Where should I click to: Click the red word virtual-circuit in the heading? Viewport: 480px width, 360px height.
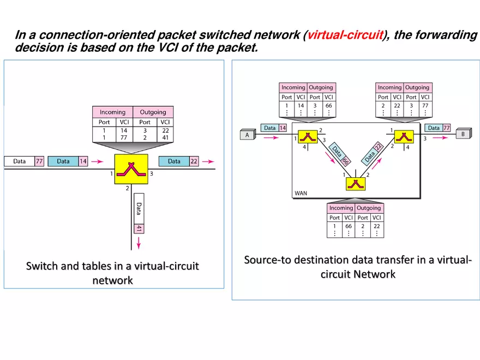[345, 35]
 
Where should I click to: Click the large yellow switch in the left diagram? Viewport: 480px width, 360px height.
[131, 169]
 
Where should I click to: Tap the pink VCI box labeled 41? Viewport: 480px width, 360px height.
[139, 229]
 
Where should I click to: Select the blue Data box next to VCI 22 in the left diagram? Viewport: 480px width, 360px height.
[174, 161]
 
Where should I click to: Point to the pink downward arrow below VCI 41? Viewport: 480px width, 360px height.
[139, 243]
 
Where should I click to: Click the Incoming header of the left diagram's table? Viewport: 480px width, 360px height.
[112, 112]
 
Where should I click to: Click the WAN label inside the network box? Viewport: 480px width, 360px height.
[301, 193]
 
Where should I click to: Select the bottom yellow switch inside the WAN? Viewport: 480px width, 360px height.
[355, 183]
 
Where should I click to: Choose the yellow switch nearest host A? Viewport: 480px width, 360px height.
[307, 136]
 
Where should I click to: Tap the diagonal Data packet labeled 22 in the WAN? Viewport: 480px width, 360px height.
[373, 153]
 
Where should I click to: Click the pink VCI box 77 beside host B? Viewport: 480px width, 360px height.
[446, 128]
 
